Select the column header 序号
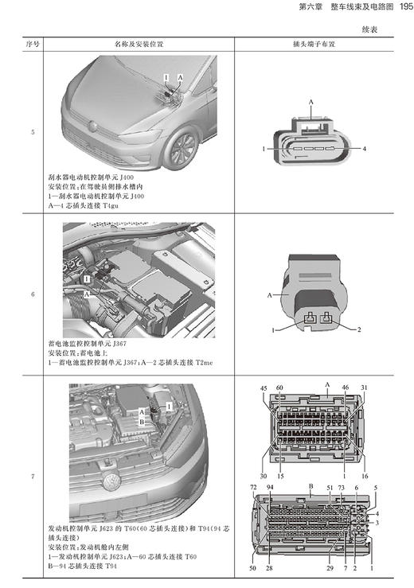pyautogui.click(x=33, y=45)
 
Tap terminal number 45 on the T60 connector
pyautogui.click(x=264, y=387)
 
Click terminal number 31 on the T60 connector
pyautogui.click(x=364, y=387)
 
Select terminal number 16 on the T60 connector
pyautogui.click(x=364, y=454)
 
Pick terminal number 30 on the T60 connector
pyautogui.click(x=264, y=454)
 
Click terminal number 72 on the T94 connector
pyautogui.click(x=253, y=486)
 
